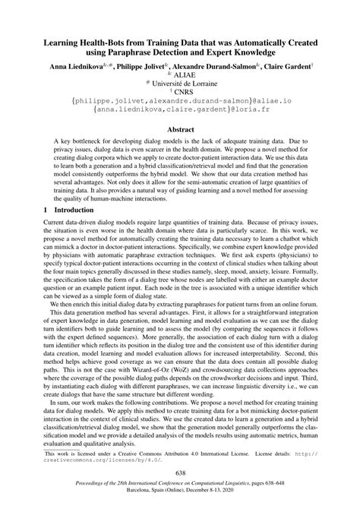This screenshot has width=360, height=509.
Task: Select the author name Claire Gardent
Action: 282,68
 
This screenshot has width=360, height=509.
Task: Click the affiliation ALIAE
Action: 183,77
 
